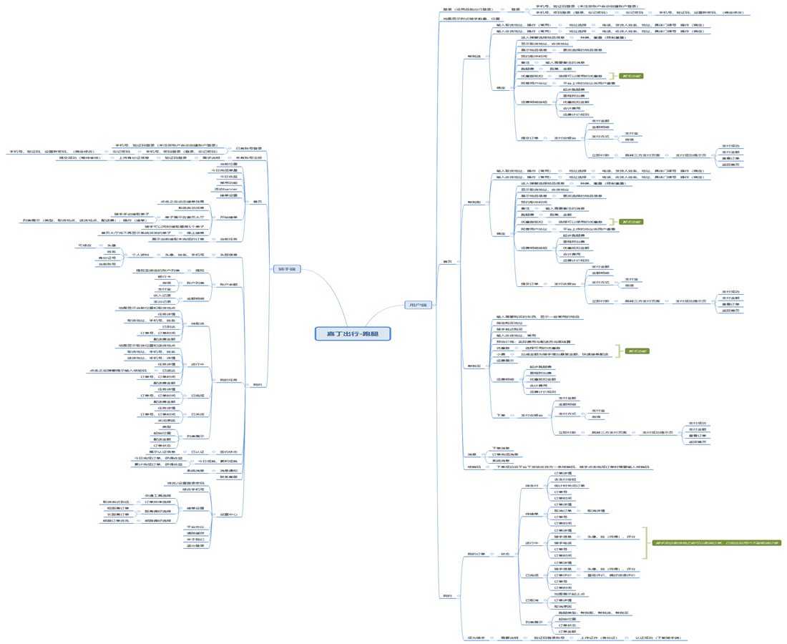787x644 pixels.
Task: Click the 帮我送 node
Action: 474,55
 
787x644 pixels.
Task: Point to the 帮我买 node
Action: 474,366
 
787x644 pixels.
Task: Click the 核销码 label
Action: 474,467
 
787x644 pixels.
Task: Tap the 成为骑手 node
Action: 476,637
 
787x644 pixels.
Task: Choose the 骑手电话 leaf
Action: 563,543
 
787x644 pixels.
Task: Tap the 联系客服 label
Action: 229,476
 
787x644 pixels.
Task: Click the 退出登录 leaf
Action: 195,545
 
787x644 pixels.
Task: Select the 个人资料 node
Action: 140,254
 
